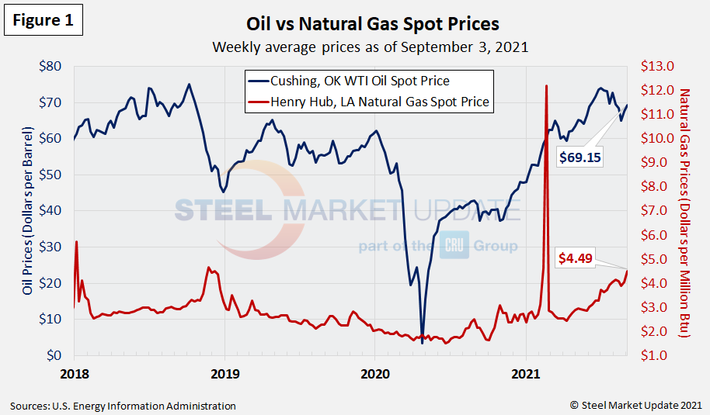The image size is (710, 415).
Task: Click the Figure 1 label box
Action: [43, 21]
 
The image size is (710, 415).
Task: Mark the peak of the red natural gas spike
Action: [547, 86]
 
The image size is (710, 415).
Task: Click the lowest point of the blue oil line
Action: [422, 343]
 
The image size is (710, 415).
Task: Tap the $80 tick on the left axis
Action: [50, 66]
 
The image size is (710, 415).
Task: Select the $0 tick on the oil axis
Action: [54, 355]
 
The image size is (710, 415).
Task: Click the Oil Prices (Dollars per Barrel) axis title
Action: [28, 211]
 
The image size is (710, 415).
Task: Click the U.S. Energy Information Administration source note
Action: [123, 406]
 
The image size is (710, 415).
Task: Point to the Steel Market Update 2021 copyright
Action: [635, 405]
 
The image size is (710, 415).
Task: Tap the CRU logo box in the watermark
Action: [452, 247]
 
